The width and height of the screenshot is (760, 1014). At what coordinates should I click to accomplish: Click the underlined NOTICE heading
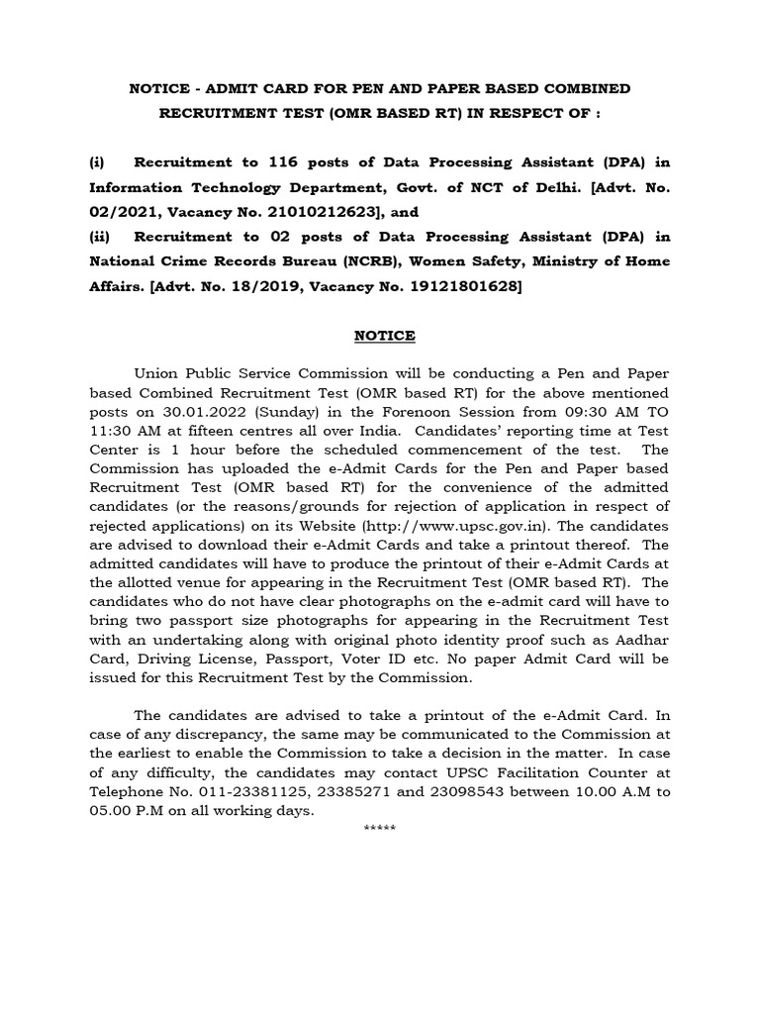(x=385, y=336)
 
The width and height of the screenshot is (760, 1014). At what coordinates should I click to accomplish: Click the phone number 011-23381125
(x=242, y=791)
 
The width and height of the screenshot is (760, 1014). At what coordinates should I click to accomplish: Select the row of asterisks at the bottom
(x=381, y=828)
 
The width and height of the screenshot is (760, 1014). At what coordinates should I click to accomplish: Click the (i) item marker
(x=98, y=161)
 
